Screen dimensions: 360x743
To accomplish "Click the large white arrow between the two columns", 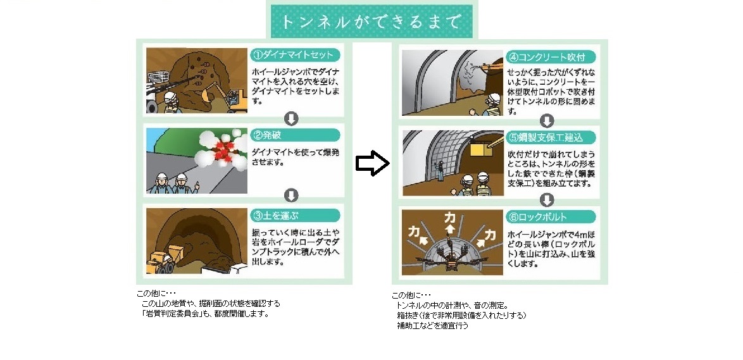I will [x=371, y=164].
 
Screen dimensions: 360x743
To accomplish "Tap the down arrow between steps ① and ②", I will [x=291, y=118].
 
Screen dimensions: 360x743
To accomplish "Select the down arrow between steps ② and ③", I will [x=291, y=195].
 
